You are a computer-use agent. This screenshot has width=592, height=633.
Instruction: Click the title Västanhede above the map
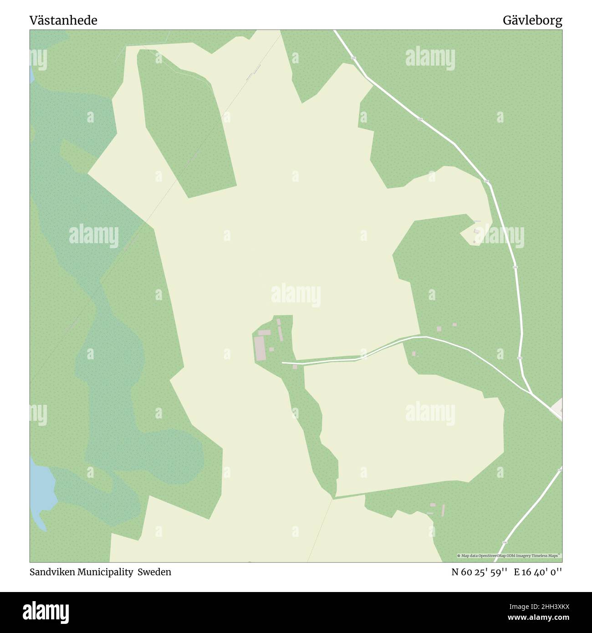[63, 20]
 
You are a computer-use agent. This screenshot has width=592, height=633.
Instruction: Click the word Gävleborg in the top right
[532, 20]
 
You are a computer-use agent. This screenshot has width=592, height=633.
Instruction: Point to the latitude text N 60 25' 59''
[479, 572]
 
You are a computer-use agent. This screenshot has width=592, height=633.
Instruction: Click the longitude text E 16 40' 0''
[538, 572]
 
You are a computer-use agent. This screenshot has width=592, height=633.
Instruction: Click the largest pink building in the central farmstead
[260, 348]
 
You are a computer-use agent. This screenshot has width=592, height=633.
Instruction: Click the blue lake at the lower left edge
[41, 487]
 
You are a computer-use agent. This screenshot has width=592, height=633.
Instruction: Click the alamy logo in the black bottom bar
[46, 612]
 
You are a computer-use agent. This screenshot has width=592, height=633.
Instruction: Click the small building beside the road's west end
[295, 367]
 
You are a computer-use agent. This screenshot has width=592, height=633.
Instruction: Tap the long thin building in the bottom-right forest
[443, 510]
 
